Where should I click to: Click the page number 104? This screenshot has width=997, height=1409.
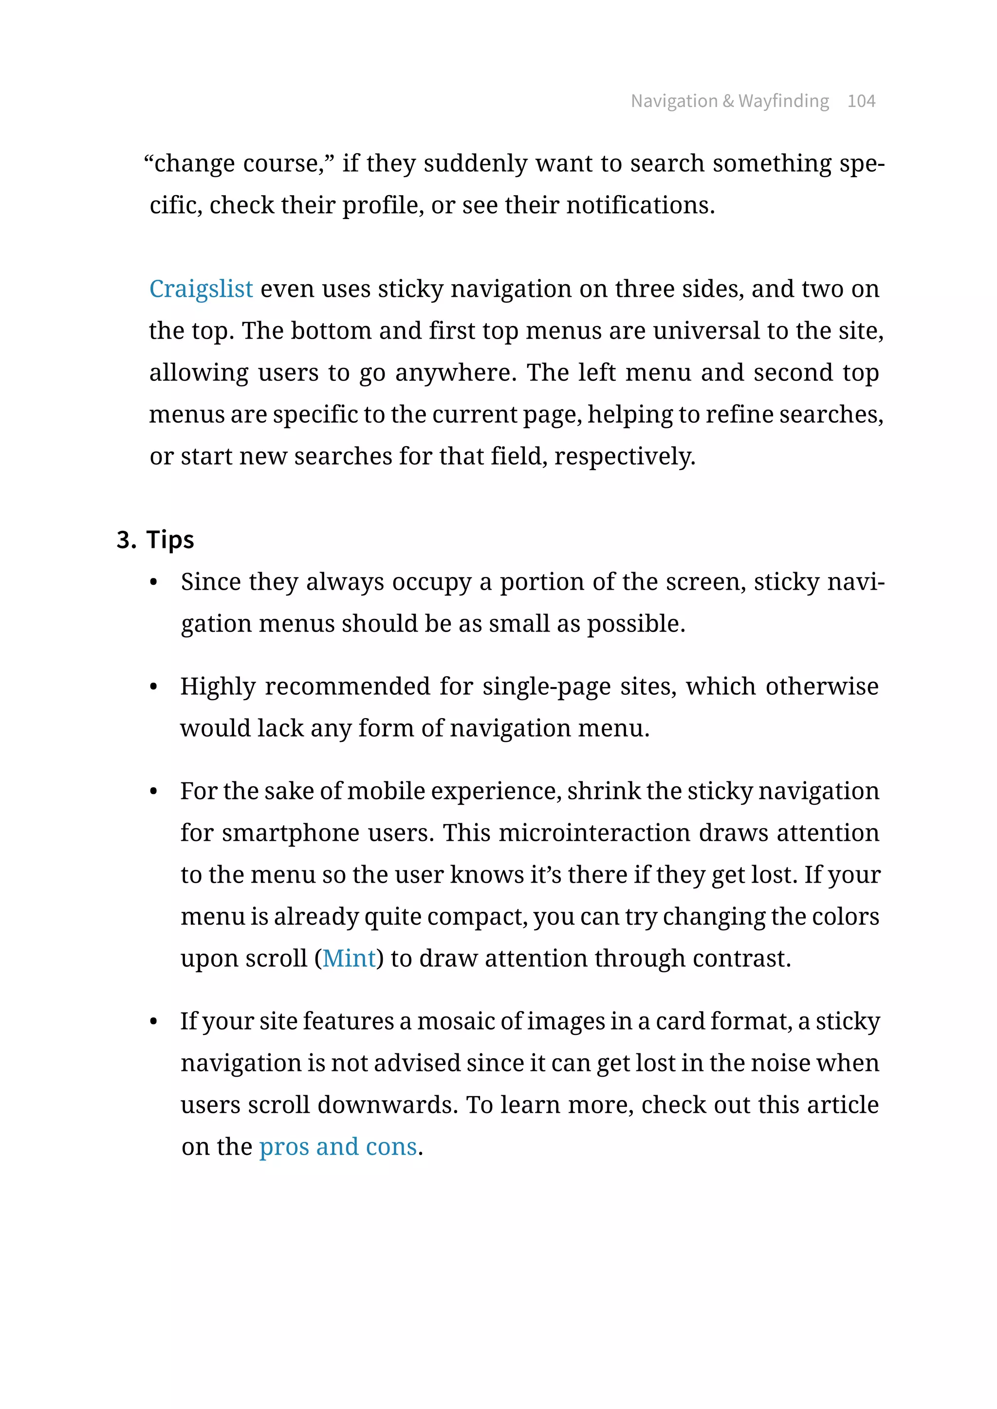click(861, 101)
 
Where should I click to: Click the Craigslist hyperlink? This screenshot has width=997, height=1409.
click(201, 289)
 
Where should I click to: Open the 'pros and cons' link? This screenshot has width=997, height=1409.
click(338, 1147)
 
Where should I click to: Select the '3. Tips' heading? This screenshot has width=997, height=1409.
click(155, 540)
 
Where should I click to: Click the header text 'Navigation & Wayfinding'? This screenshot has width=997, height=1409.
click(729, 101)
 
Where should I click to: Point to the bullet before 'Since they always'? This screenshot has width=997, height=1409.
click(153, 582)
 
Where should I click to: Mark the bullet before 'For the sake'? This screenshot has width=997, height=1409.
click(153, 792)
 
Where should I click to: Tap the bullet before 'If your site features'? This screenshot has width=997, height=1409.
click(153, 1022)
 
